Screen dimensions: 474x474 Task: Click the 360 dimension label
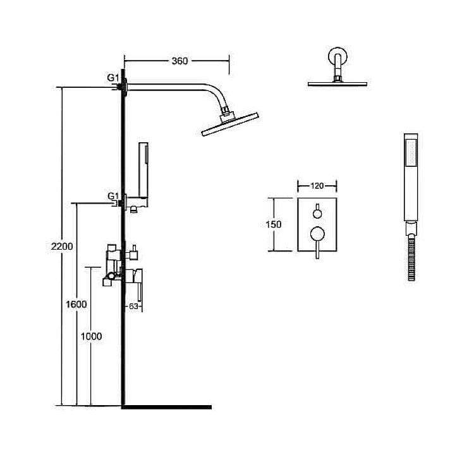[179, 61]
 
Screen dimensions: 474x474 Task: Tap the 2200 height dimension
[62, 246]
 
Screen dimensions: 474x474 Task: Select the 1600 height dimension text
[76, 304]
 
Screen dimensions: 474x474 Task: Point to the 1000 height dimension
[91, 336]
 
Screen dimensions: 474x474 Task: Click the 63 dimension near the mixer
[133, 307]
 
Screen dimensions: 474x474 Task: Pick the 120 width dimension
[317, 186]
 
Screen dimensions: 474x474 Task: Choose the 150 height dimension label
[273, 224]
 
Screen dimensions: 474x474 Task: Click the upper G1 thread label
[113, 78]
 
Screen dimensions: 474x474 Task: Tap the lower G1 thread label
[113, 196]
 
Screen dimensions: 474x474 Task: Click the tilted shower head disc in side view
[230, 125]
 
